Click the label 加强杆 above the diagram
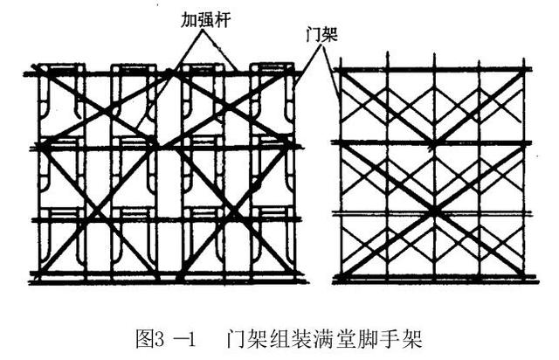pyautogui.click(x=207, y=18)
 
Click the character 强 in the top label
pyautogui.click(x=207, y=18)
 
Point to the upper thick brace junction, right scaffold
pyautogui.click(x=434, y=142)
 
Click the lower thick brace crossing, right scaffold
pyautogui.click(x=434, y=212)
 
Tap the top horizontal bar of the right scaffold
pyautogui.click(x=434, y=68)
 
